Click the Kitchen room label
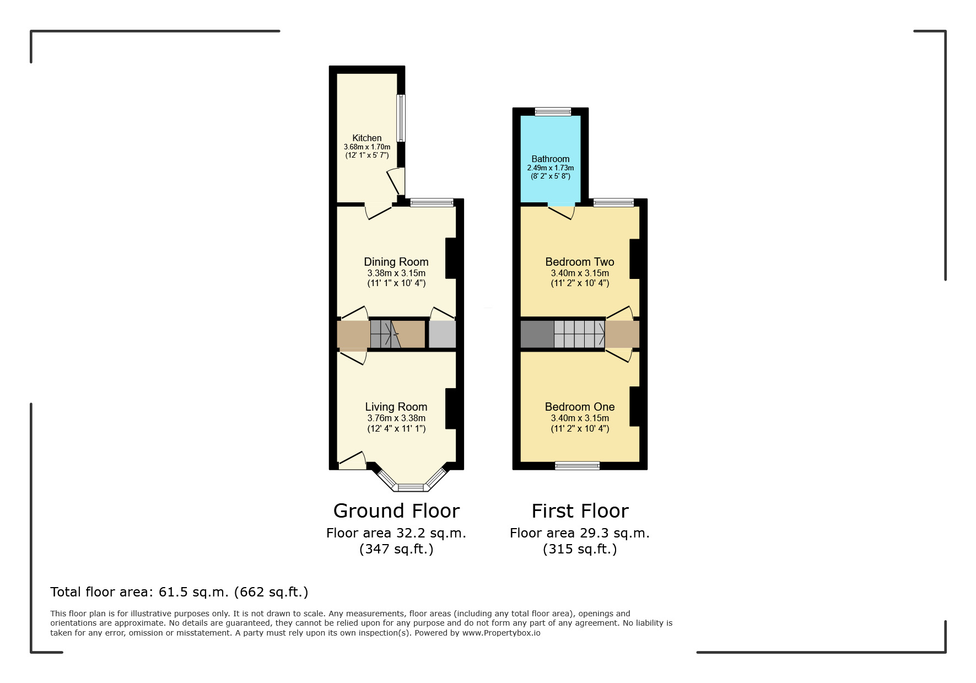(366, 138)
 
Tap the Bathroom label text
(550, 159)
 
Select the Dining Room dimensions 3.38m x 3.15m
(396, 273)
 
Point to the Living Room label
(396, 407)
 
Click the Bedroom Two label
(579, 262)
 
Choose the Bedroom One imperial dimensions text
(580, 428)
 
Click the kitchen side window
(401, 118)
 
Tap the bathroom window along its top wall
(553, 112)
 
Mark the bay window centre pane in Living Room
(411, 487)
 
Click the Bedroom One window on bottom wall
(577, 466)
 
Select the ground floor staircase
(385, 334)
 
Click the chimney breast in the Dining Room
(451, 258)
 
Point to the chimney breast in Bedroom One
(635, 406)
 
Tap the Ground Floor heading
(396, 511)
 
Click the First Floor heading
(580, 511)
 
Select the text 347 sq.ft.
(396, 549)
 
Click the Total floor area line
(179, 592)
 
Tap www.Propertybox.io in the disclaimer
(501, 633)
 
